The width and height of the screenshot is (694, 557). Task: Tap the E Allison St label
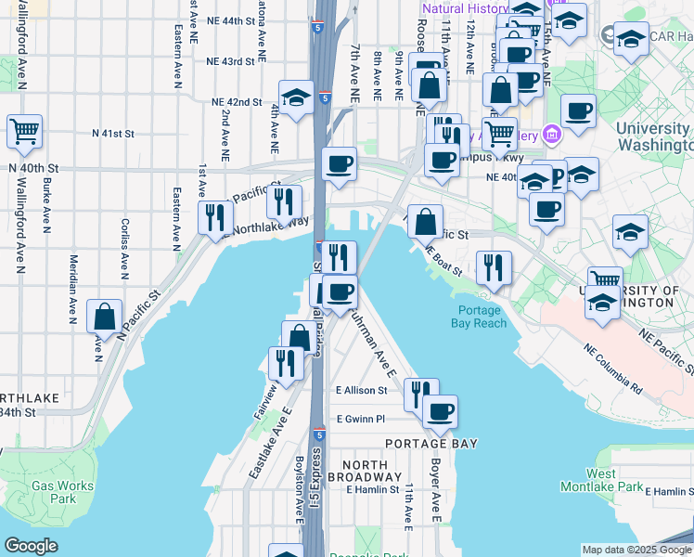[x=361, y=391]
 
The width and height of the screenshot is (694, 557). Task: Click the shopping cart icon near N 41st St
[x=24, y=130]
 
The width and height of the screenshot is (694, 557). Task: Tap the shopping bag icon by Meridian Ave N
[x=104, y=315]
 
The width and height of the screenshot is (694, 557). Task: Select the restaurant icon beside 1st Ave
[x=214, y=216]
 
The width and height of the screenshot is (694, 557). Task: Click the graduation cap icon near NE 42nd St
[x=296, y=97]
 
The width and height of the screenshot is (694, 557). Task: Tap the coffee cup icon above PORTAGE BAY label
[x=440, y=409]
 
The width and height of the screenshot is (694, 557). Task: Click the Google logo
[x=32, y=546]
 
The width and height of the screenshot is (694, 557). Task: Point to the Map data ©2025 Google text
[x=636, y=549]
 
